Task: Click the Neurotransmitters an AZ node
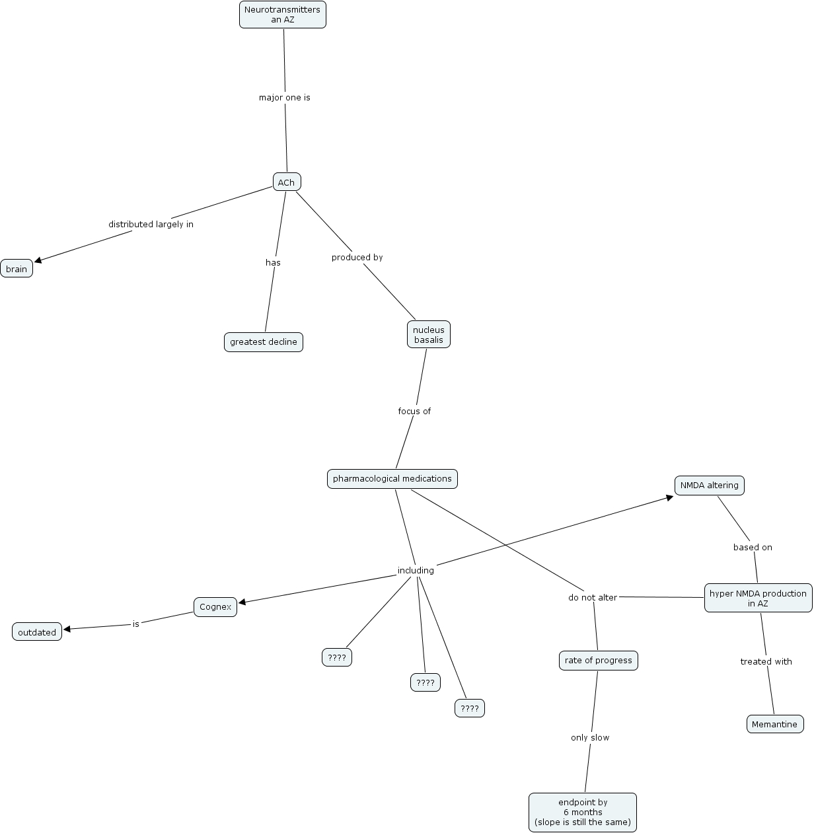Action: pos(282,15)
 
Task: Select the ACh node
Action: pos(286,182)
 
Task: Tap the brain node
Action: pos(17,269)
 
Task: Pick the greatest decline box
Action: pos(263,342)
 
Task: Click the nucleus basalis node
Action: pos(428,335)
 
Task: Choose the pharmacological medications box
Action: pos(392,479)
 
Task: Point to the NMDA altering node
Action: pos(709,486)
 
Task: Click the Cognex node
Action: pos(215,607)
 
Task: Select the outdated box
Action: pos(37,632)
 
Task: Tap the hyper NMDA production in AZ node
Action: pos(758,598)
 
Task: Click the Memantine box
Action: pos(774,725)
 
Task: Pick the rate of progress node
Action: pos(598,661)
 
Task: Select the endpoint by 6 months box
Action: pos(582,813)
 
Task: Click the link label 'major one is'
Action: pos(284,98)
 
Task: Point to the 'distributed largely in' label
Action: pos(151,225)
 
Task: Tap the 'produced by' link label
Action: pos(357,258)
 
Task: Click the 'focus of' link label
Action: pos(414,412)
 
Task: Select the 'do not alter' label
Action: pos(592,598)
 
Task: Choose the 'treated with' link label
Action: pos(766,662)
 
